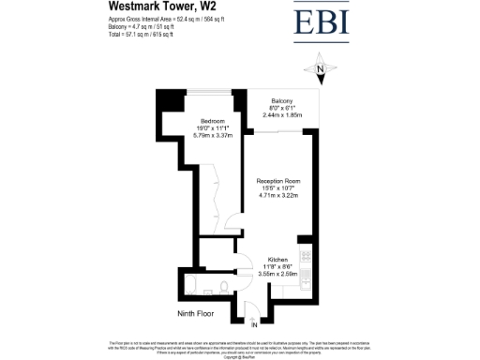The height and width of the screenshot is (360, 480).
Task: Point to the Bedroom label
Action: pyautogui.click(x=210, y=122)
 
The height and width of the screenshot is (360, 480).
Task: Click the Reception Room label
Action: pyautogui.click(x=278, y=181)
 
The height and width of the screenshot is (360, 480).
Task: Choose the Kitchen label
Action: pyautogui.click(x=277, y=259)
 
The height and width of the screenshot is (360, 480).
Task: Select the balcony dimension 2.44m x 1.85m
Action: pyautogui.click(x=281, y=114)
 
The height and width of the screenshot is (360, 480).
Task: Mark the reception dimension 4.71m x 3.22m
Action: pyautogui.click(x=278, y=195)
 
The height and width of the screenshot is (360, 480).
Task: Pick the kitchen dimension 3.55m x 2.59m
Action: pyautogui.click(x=277, y=272)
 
